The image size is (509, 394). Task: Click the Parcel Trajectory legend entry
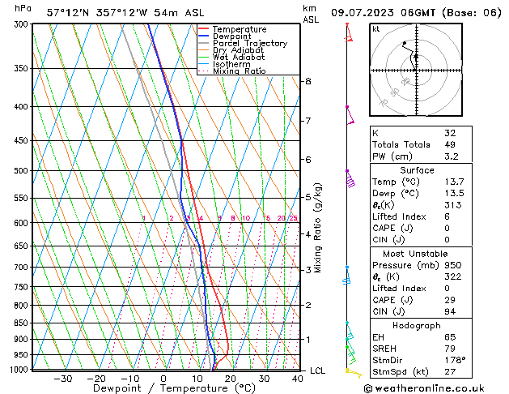249,43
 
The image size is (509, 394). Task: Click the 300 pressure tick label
22,24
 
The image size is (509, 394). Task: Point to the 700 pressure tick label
22,267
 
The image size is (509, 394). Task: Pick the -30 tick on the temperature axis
62,379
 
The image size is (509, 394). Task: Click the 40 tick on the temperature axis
298,379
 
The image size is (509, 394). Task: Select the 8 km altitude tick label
308,81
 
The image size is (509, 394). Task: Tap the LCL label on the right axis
318,370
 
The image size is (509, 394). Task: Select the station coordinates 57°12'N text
73,13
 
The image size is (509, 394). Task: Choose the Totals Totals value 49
449,144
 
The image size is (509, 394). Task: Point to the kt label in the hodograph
375,28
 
